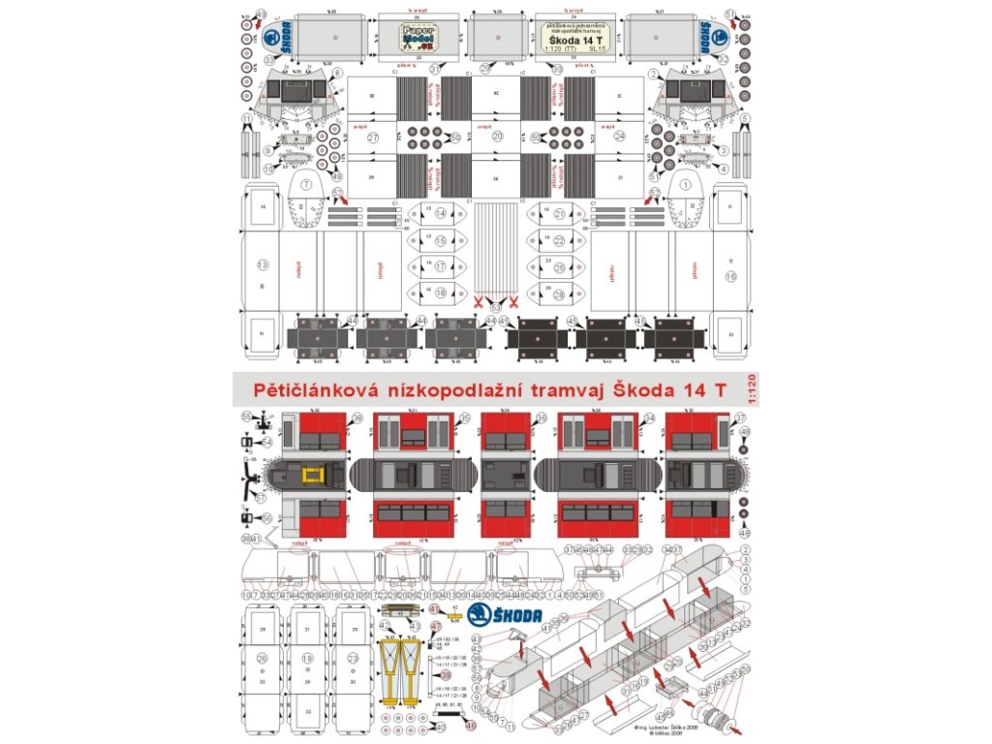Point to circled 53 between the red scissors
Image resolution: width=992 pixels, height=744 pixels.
click(x=495, y=307)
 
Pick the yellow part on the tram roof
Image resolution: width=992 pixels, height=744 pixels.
click(x=312, y=475)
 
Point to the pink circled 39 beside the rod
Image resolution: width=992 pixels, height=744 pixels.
click(x=446, y=674)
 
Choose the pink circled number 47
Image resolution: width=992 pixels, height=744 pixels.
click(x=436, y=628)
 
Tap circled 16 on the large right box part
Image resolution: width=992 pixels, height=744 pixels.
click(x=730, y=276)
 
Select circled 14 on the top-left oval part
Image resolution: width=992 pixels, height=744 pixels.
click(x=441, y=214)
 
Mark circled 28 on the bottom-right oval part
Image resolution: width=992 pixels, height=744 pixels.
click(x=559, y=294)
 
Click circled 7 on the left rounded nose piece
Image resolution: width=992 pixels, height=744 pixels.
click(x=306, y=184)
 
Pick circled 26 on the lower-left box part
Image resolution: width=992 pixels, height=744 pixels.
click(x=262, y=657)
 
